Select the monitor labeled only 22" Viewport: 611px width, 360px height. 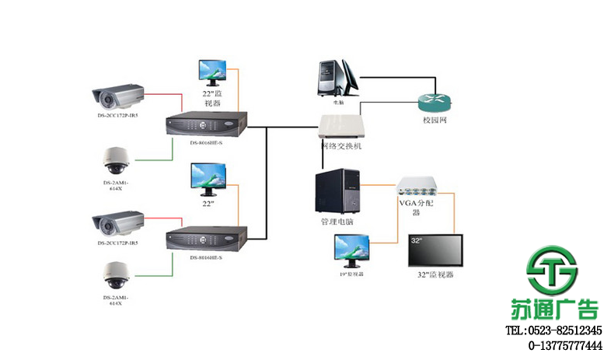pyautogui.click(x=209, y=178)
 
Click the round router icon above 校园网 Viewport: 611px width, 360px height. pyautogui.click(x=435, y=103)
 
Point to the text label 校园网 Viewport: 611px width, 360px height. pyautogui.click(x=435, y=121)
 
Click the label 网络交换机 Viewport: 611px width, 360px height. pyautogui.click(x=341, y=146)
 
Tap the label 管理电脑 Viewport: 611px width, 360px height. pyautogui.click(x=337, y=222)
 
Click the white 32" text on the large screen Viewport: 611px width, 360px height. pyautogui.click(x=417, y=241)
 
